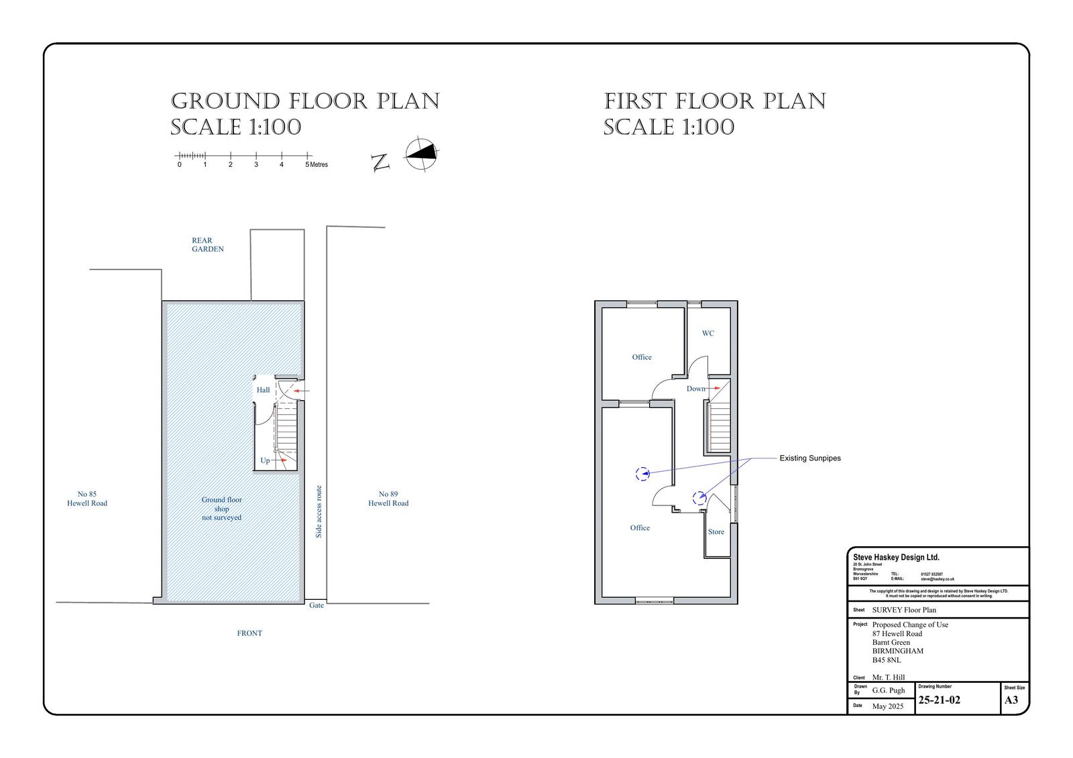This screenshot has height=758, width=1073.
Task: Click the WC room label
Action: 708,333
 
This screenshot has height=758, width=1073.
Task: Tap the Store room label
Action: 716,531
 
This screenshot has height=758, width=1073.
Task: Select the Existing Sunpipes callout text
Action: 809,458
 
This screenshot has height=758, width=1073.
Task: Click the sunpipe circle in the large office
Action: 642,474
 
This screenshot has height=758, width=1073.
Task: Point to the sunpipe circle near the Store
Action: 699,497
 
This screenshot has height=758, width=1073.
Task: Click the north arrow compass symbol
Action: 421,155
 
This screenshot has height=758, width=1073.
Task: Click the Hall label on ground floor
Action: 263,390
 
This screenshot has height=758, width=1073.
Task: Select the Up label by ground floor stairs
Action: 265,460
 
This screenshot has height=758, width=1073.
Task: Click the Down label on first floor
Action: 695,389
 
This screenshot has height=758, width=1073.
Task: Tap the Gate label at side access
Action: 317,605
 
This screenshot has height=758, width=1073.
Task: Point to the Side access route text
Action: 319,511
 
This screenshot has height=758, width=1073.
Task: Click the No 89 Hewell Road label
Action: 388,499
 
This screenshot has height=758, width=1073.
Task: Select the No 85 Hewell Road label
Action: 87,499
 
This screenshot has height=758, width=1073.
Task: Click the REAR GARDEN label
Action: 207,245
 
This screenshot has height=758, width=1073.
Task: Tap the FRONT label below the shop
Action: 249,633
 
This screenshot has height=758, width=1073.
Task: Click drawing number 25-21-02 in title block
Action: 939,700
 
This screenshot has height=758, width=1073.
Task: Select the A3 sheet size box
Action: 1011,700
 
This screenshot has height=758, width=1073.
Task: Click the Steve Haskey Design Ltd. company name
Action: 896,558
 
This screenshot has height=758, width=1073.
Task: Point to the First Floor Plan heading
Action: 715,102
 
